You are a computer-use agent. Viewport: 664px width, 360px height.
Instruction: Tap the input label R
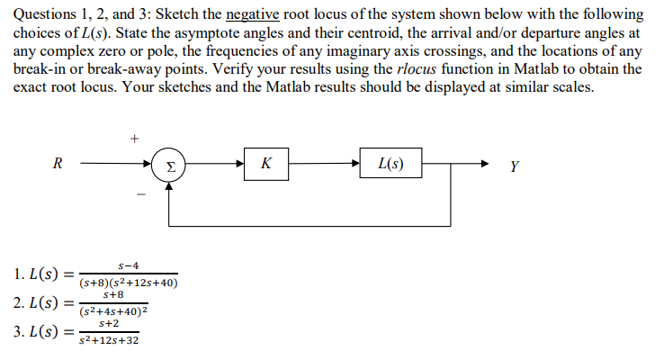[x=58, y=164]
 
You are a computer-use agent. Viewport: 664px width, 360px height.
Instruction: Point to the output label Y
[x=514, y=166]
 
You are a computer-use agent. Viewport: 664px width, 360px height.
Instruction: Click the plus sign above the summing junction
[x=134, y=139]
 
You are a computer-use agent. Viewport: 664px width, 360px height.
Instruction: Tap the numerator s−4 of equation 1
[x=129, y=266]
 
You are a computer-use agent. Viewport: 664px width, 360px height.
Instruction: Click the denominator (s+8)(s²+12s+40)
[x=129, y=283]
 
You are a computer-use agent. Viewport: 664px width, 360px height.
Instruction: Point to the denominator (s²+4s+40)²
[x=112, y=312]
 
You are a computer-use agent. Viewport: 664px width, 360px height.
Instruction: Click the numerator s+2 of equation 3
[x=108, y=323]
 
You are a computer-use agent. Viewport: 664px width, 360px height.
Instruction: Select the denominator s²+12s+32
[x=108, y=340]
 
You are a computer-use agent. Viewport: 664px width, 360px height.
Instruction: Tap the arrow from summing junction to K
[x=216, y=165]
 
